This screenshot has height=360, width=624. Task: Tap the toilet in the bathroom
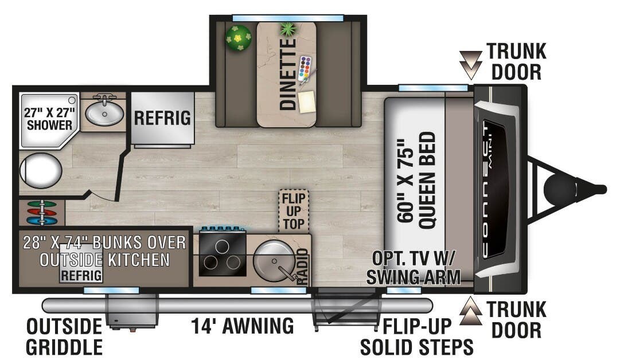coord(40,171)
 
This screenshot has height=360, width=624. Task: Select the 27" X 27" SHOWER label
coord(49,119)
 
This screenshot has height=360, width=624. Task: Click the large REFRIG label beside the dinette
coord(162,118)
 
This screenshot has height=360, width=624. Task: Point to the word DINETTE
coord(288,74)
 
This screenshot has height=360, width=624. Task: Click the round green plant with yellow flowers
coord(239,38)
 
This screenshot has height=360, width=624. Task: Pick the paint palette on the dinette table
coord(305,68)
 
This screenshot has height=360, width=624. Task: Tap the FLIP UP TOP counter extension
coord(294,211)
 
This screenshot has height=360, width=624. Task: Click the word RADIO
coord(303,266)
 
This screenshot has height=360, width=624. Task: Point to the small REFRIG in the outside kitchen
coord(81,275)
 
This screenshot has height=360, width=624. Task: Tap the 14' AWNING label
coord(243,326)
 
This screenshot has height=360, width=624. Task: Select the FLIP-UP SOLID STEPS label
coord(416,336)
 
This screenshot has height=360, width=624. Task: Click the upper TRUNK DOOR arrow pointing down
coord(470,65)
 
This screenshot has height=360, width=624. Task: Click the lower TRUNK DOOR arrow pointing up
coord(471,311)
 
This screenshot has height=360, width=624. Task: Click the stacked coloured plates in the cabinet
coord(42,213)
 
